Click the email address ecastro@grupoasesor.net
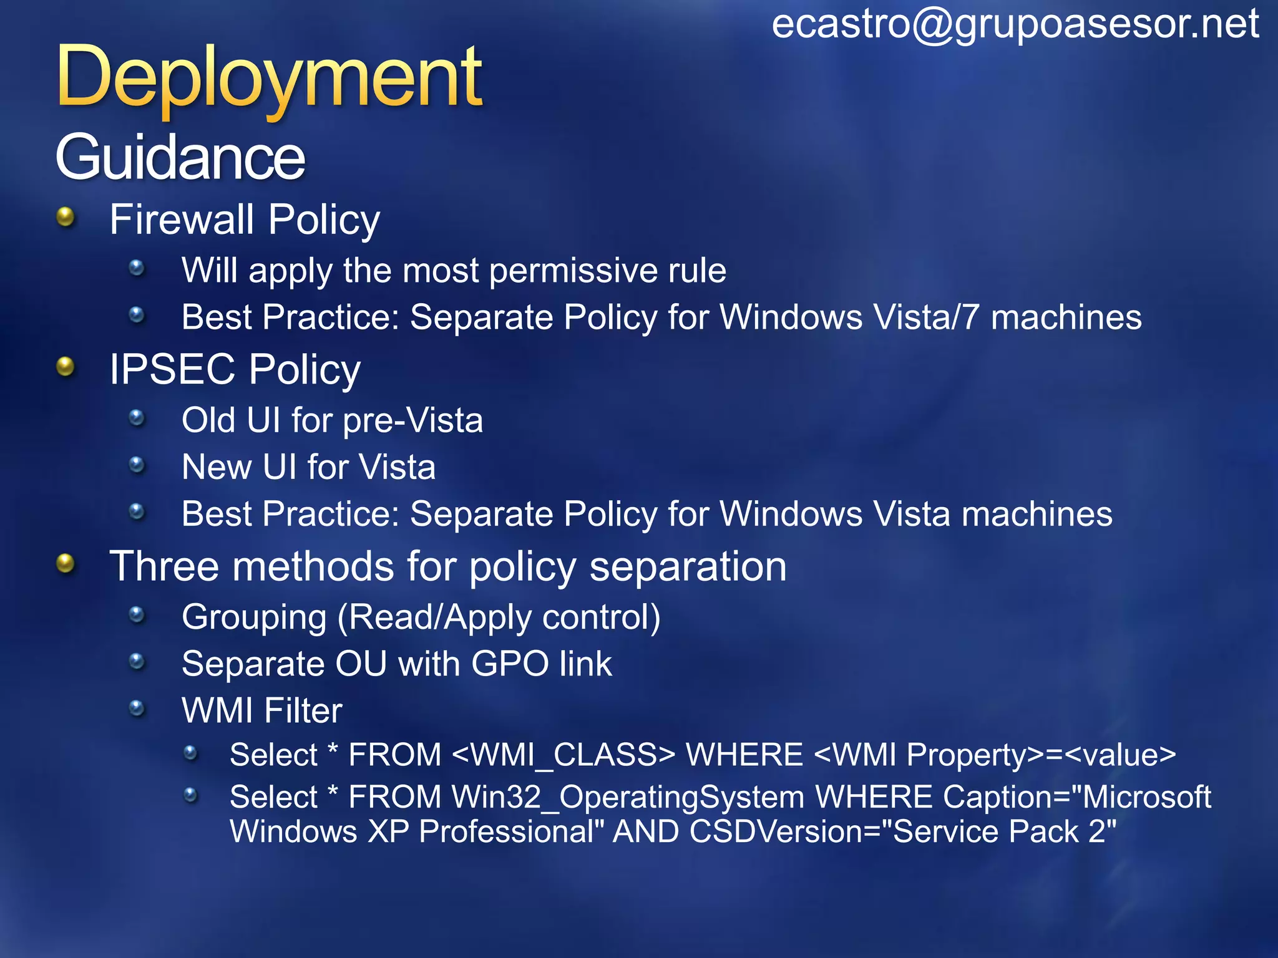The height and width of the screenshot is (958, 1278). point(1015,25)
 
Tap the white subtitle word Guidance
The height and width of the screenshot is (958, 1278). point(180,157)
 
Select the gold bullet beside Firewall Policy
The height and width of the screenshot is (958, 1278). point(66,218)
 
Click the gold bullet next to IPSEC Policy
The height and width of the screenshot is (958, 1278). point(66,367)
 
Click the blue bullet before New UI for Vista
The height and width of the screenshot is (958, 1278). point(137,465)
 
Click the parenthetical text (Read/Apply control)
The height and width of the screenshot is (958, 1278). point(499,617)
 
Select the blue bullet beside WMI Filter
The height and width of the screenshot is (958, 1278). point(137,708)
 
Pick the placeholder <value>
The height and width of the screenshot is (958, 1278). point(1120,755)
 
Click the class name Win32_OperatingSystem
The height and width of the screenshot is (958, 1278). point(628,797)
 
